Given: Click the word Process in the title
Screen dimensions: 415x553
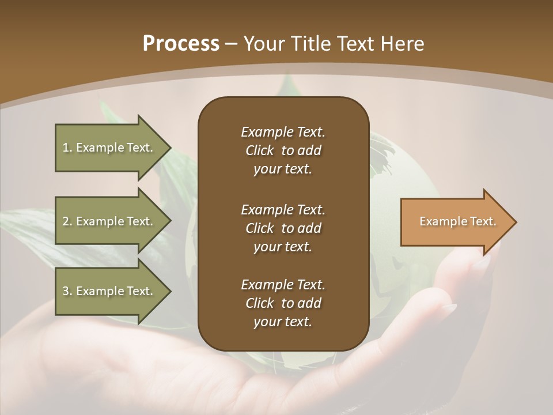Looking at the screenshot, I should click(181, 44).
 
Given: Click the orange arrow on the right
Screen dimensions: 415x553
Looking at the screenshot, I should click(455, 222).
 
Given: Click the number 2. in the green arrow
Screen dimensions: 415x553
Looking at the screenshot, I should click(67, 221).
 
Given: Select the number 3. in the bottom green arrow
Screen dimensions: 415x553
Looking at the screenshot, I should click(67, 291).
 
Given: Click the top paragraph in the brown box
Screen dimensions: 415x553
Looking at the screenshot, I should click(283, 150).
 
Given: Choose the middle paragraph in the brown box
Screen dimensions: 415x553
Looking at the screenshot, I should click(283, 228).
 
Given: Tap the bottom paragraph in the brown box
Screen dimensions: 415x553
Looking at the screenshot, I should click(283, 303).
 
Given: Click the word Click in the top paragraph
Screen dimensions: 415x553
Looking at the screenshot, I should click(260, 150).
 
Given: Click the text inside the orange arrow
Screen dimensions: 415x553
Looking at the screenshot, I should click(457, 221).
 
